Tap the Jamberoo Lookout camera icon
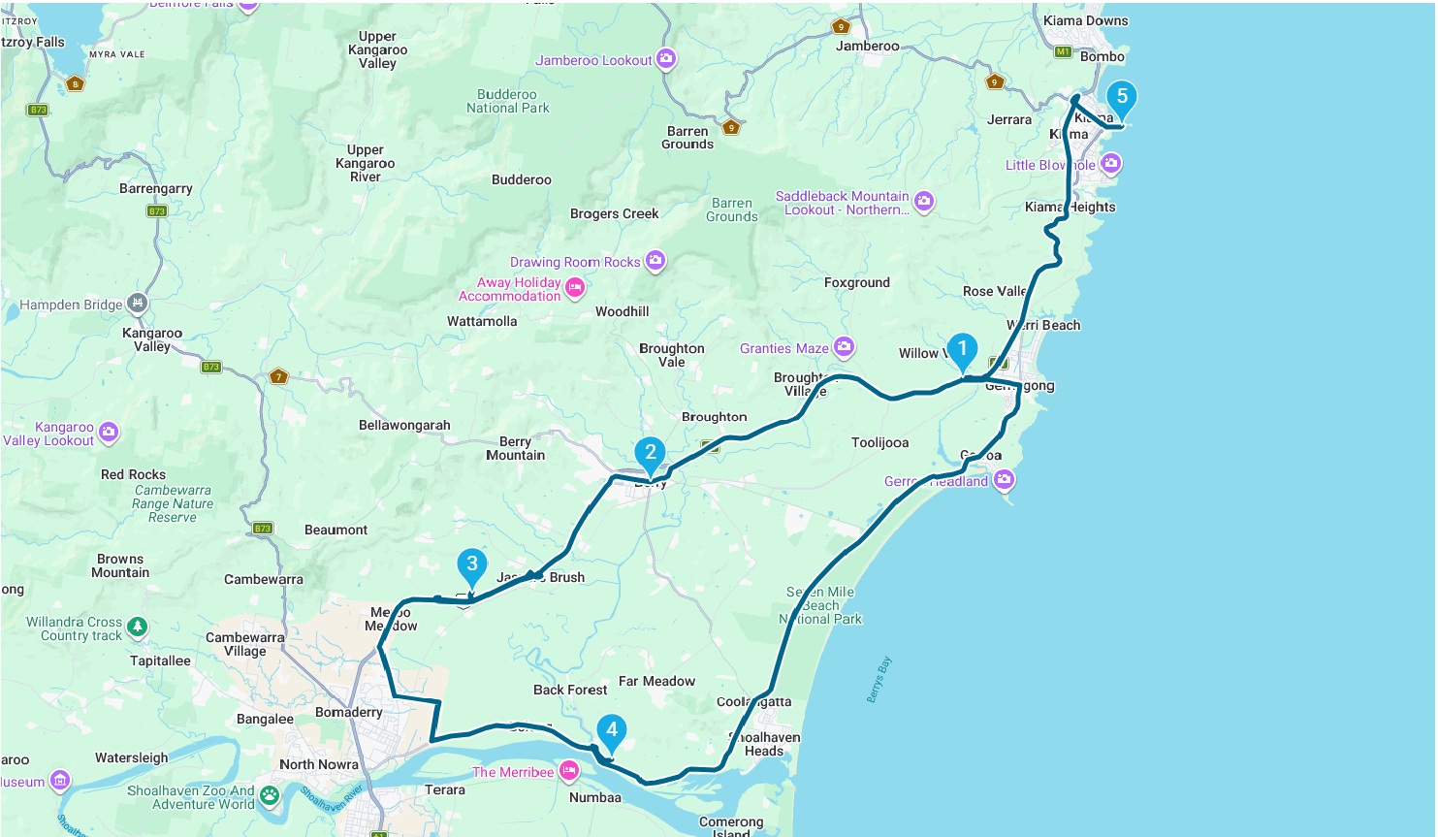pyautogui.click(x=665, y=59)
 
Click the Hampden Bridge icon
pyautogui.click(x=138, y=304)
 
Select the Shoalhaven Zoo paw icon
pyautogui.click(x=270, y=796)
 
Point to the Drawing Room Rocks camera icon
pyautogui.click(x=655, y=261)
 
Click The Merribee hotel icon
pyautogui.click(x=569, y=772)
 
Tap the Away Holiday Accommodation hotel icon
pyautogui.click(x=575, y=288)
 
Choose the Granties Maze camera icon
pyautogui.click(x=844, y=347)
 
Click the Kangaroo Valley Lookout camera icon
pyautogui.click(x=109, y=433)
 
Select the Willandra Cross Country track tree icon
pyautogui.click(x=138, y=628)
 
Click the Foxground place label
pyautogui.click(x=856, y=282)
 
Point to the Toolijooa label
pyautogui.click(x=879, y=442)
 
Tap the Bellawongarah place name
pyautogui.click(x=404, y=425)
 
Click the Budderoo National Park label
pyautogui.click(x=507, y=101)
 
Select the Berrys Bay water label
pyautogui.click(x=879, y=680)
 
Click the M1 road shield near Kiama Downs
pyautogui.click(x=1063, y=51)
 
